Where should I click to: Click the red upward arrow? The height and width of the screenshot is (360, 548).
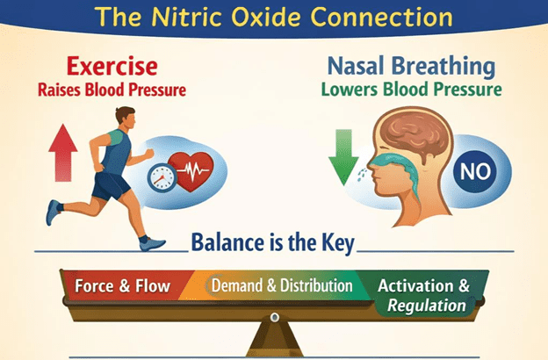coord(63,153)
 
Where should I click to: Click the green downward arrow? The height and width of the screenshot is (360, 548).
coord(343,157)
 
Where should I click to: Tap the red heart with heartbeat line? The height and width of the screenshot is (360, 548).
coord(191,171)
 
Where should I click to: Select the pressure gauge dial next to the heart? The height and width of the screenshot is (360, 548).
coord(162,177)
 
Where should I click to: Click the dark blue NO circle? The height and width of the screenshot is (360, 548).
coord(475,171)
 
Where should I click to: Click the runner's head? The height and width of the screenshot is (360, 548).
coord(126,119)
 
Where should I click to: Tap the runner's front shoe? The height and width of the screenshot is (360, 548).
coord(153,243)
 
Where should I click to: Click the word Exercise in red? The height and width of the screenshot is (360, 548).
coord(112,67)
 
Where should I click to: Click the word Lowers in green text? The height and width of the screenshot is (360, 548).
coord(350,90)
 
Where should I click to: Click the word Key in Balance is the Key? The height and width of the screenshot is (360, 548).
coord(338,243)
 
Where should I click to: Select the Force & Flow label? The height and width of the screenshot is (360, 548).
coord(122,286)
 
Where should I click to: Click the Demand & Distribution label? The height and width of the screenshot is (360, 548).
coord(282,285)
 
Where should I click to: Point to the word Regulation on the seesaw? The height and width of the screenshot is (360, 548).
coord(427,306)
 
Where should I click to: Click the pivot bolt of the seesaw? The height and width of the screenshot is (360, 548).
coord(275,317)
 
